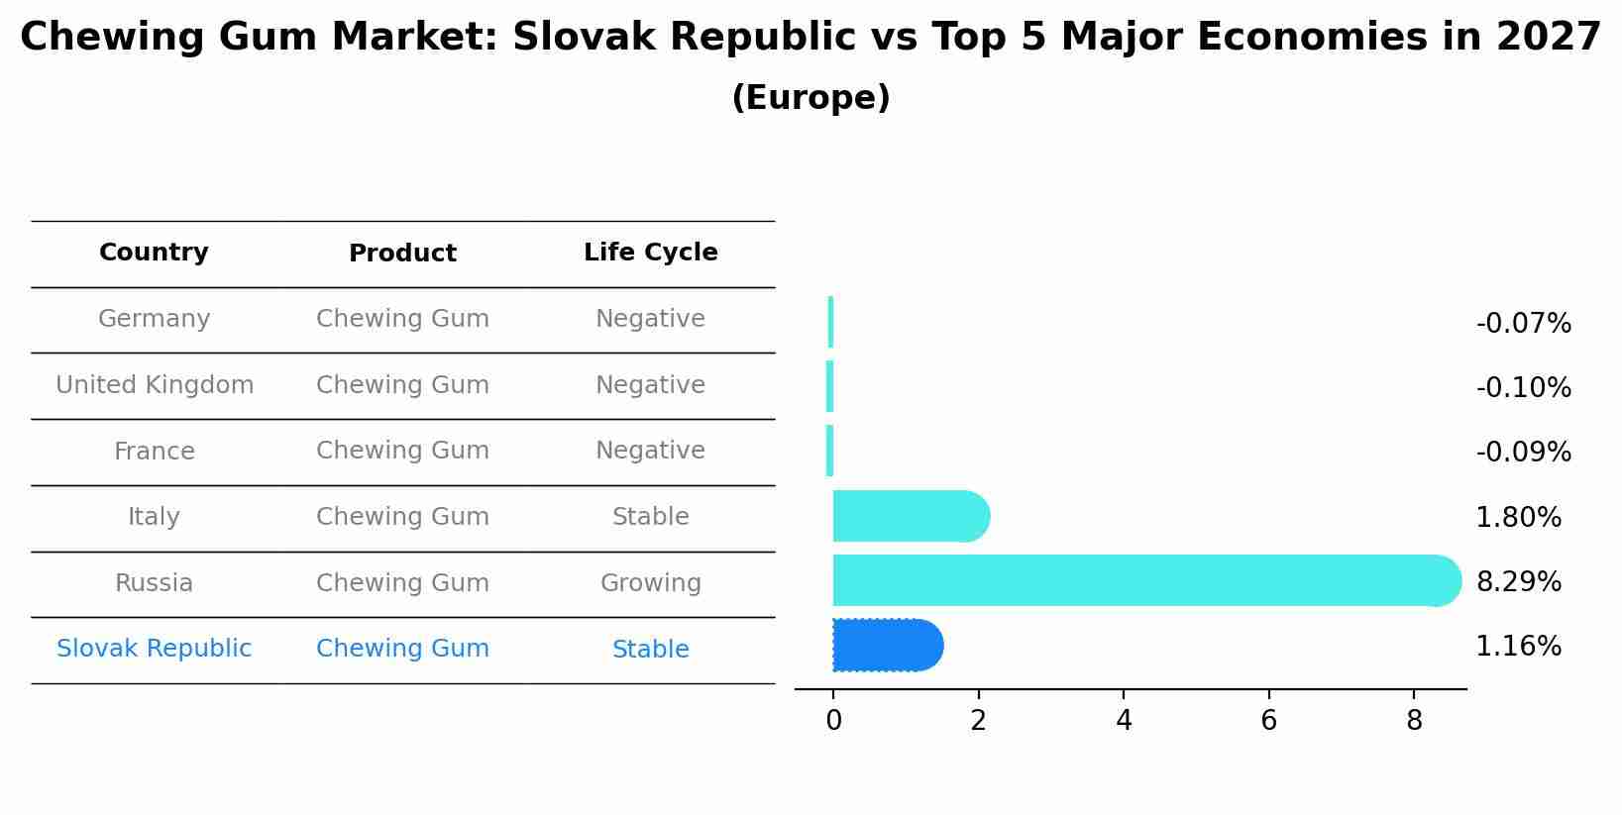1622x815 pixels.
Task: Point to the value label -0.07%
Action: [x=1523, y=324]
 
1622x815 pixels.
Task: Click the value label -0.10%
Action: [x=1523, y=388]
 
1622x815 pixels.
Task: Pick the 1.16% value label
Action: [x=1518, y=647]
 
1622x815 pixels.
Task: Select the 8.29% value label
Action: [x=1518, y=582]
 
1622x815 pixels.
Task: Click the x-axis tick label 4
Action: [x=1124, y=721]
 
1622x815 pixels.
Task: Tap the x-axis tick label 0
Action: [x=833, y=721]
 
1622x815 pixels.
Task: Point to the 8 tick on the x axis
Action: [x=1414, y=721]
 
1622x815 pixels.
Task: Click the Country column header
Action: [x=154, y=253]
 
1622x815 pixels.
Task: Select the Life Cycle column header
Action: [x=650, y=253]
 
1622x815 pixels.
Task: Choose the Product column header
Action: [x=402, y=254]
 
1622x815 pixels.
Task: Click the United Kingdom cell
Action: [x=155, y=385]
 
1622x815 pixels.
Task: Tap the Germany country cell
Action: [x=154, y=319]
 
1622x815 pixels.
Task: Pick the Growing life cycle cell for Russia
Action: [x=650, y=583]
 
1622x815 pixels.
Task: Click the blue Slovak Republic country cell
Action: [x=154, y=649]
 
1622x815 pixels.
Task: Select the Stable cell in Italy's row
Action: [x=650, y=517]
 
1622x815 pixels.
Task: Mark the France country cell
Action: [x=154, y=452]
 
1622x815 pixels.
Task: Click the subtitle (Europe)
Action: [x=811, y=98]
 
